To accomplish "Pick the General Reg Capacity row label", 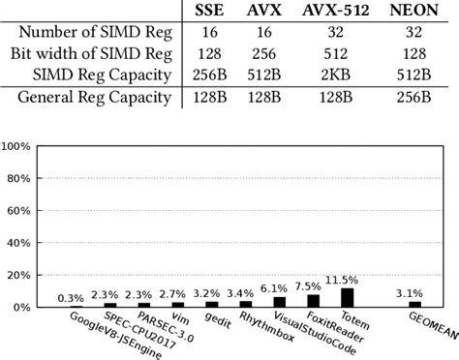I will click(93, 98).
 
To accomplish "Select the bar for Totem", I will click(348, 297).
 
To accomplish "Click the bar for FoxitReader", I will click(313, 300).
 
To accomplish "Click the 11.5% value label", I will click(345, 280).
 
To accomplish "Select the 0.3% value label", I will click(69, 298).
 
